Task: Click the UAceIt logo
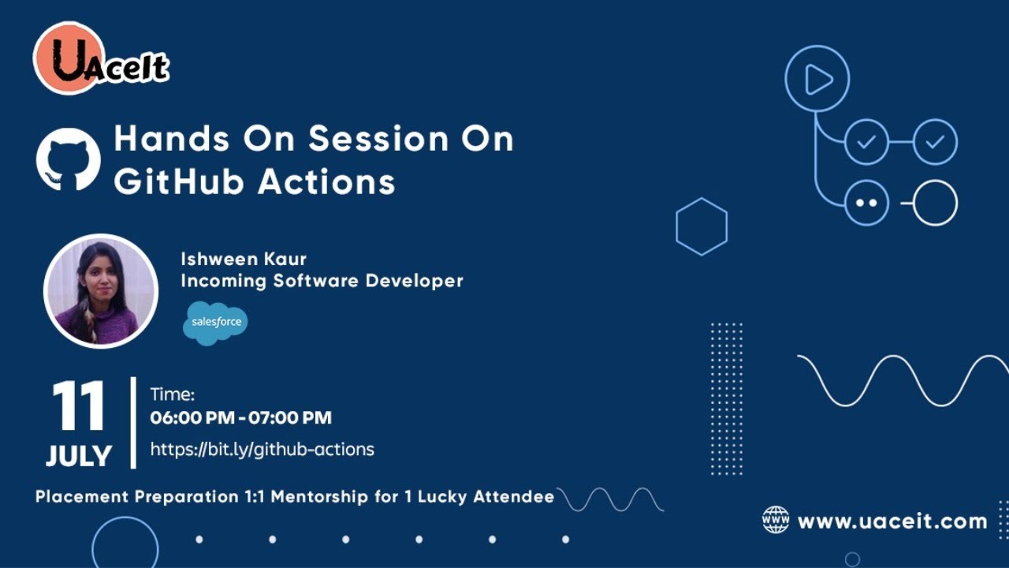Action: coord(101,58)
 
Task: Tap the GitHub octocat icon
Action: coord(69,159)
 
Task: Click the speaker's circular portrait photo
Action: coord(101,290)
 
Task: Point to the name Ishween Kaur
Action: coord(244,259)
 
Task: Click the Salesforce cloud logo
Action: coord(215,323)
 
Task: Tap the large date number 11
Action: coord(79,406)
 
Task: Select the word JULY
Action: coord(79,456)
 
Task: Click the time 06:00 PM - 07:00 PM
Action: coord(240,418)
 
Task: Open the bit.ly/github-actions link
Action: coord(262,450)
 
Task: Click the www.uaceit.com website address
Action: coord(892,521)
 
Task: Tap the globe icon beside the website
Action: coord(776,520)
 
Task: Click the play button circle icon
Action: coord(817,79)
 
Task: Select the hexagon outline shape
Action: coord(702,226)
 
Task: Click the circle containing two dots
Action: coord(866,203)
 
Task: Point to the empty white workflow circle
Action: coord(936,203)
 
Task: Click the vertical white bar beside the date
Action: coord(133,422)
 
